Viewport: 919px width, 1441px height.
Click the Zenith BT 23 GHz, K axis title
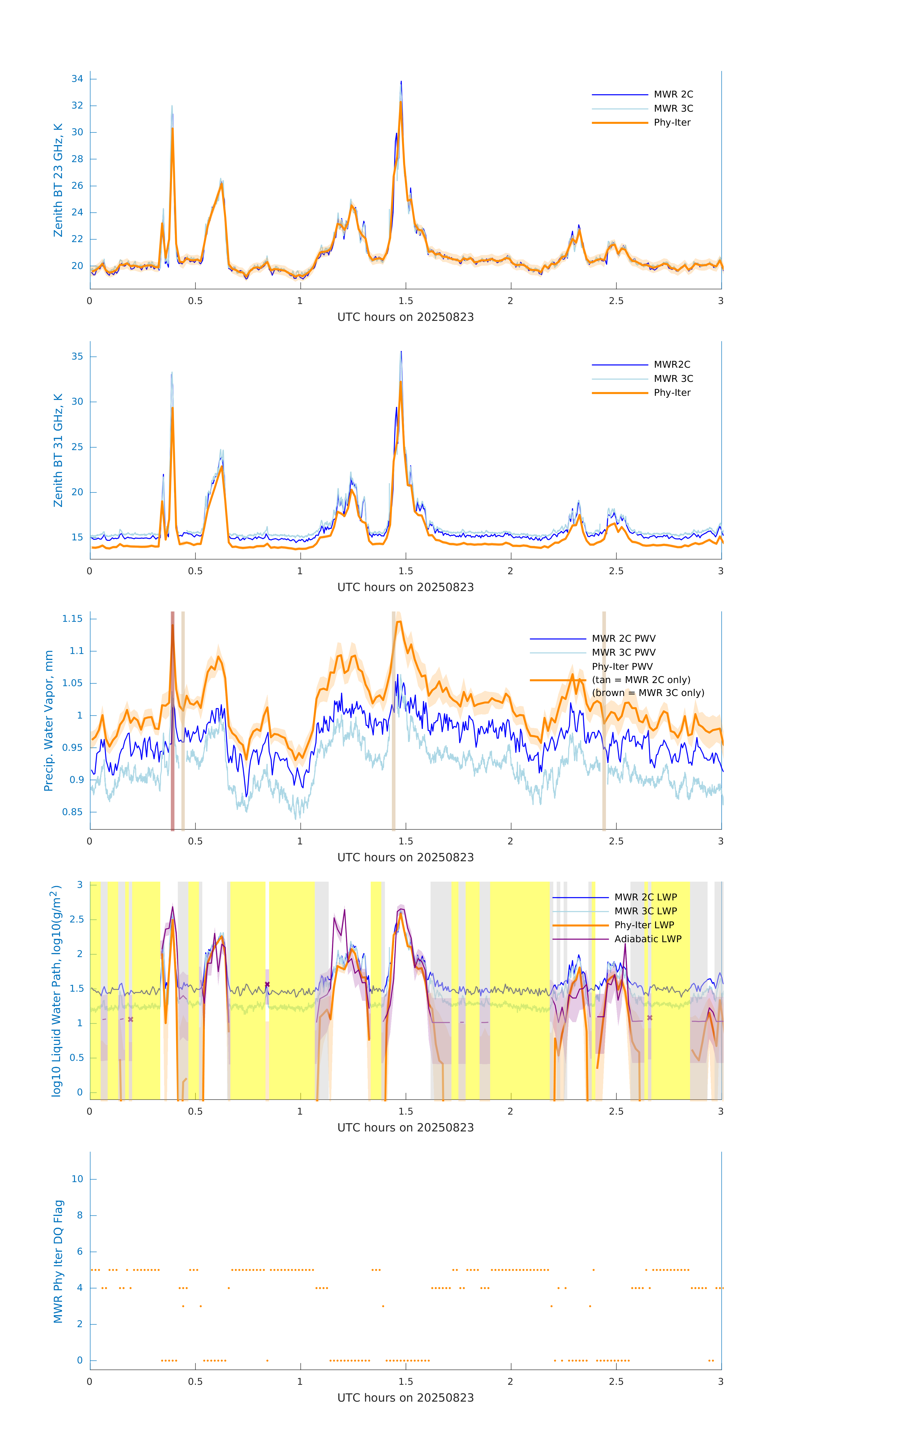tap(58, 180)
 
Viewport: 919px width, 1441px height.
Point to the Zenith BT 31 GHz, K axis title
tap(58, 450)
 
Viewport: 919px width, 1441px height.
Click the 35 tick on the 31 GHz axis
tap(77, 357)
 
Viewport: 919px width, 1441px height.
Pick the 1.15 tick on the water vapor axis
tap(73, 619)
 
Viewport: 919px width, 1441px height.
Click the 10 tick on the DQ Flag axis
tap(77, 1179)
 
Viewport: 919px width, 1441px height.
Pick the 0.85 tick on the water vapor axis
tap(73, 812)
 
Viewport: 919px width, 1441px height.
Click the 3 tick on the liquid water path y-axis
tap(80, 885)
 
